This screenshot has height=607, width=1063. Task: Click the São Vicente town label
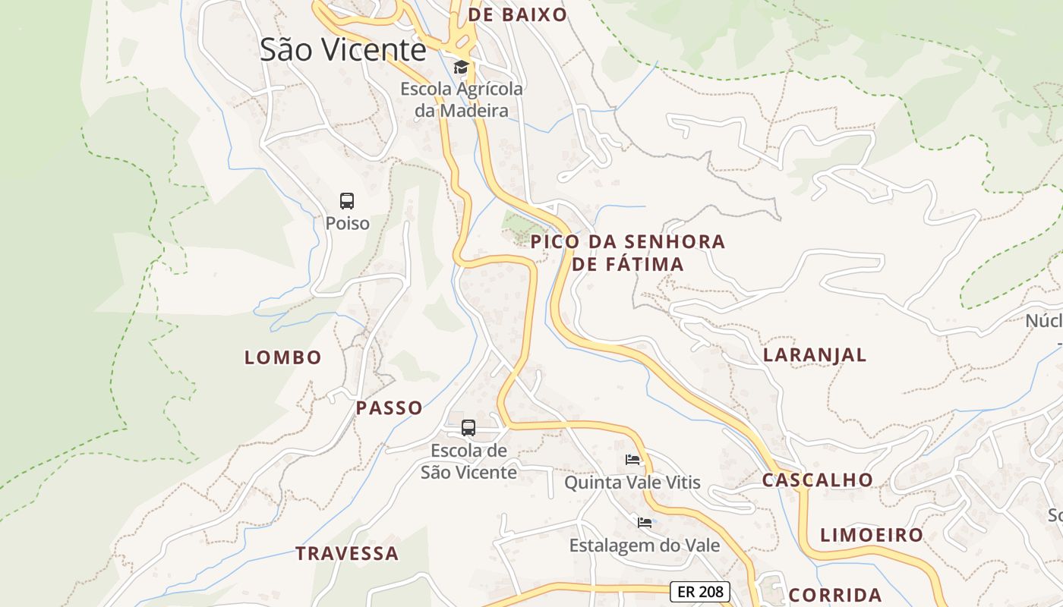pos(342,49)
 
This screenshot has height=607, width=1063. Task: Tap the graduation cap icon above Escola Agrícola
pos(461,68)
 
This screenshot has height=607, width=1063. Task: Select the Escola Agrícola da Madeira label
pos(462,99)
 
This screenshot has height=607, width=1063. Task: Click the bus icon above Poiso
pos(347,201)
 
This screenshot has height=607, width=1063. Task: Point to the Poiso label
pos(347,223)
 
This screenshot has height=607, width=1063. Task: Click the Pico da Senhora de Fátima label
pos(628,253)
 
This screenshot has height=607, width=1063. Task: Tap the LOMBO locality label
pos(283,357)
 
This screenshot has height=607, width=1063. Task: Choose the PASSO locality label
pos(390,408)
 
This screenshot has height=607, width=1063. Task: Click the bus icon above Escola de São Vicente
pos(468,427)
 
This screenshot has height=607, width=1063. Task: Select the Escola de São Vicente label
pos(468,461)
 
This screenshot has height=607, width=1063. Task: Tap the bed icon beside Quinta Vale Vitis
pos(632,460)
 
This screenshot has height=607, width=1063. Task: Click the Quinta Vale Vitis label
pos(632,483)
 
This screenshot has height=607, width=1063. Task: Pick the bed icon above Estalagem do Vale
pos(645,523)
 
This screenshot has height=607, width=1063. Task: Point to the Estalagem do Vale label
pos(645,545)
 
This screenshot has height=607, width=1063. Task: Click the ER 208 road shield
pos(700,592)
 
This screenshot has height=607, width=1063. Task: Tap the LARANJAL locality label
pos(815,355)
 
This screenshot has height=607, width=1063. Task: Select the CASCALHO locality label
pos(818,480)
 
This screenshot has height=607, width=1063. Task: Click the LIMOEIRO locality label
pos(872,535)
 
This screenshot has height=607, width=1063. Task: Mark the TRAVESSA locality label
pos(347,553)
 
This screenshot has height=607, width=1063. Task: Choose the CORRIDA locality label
pos(835,595)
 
